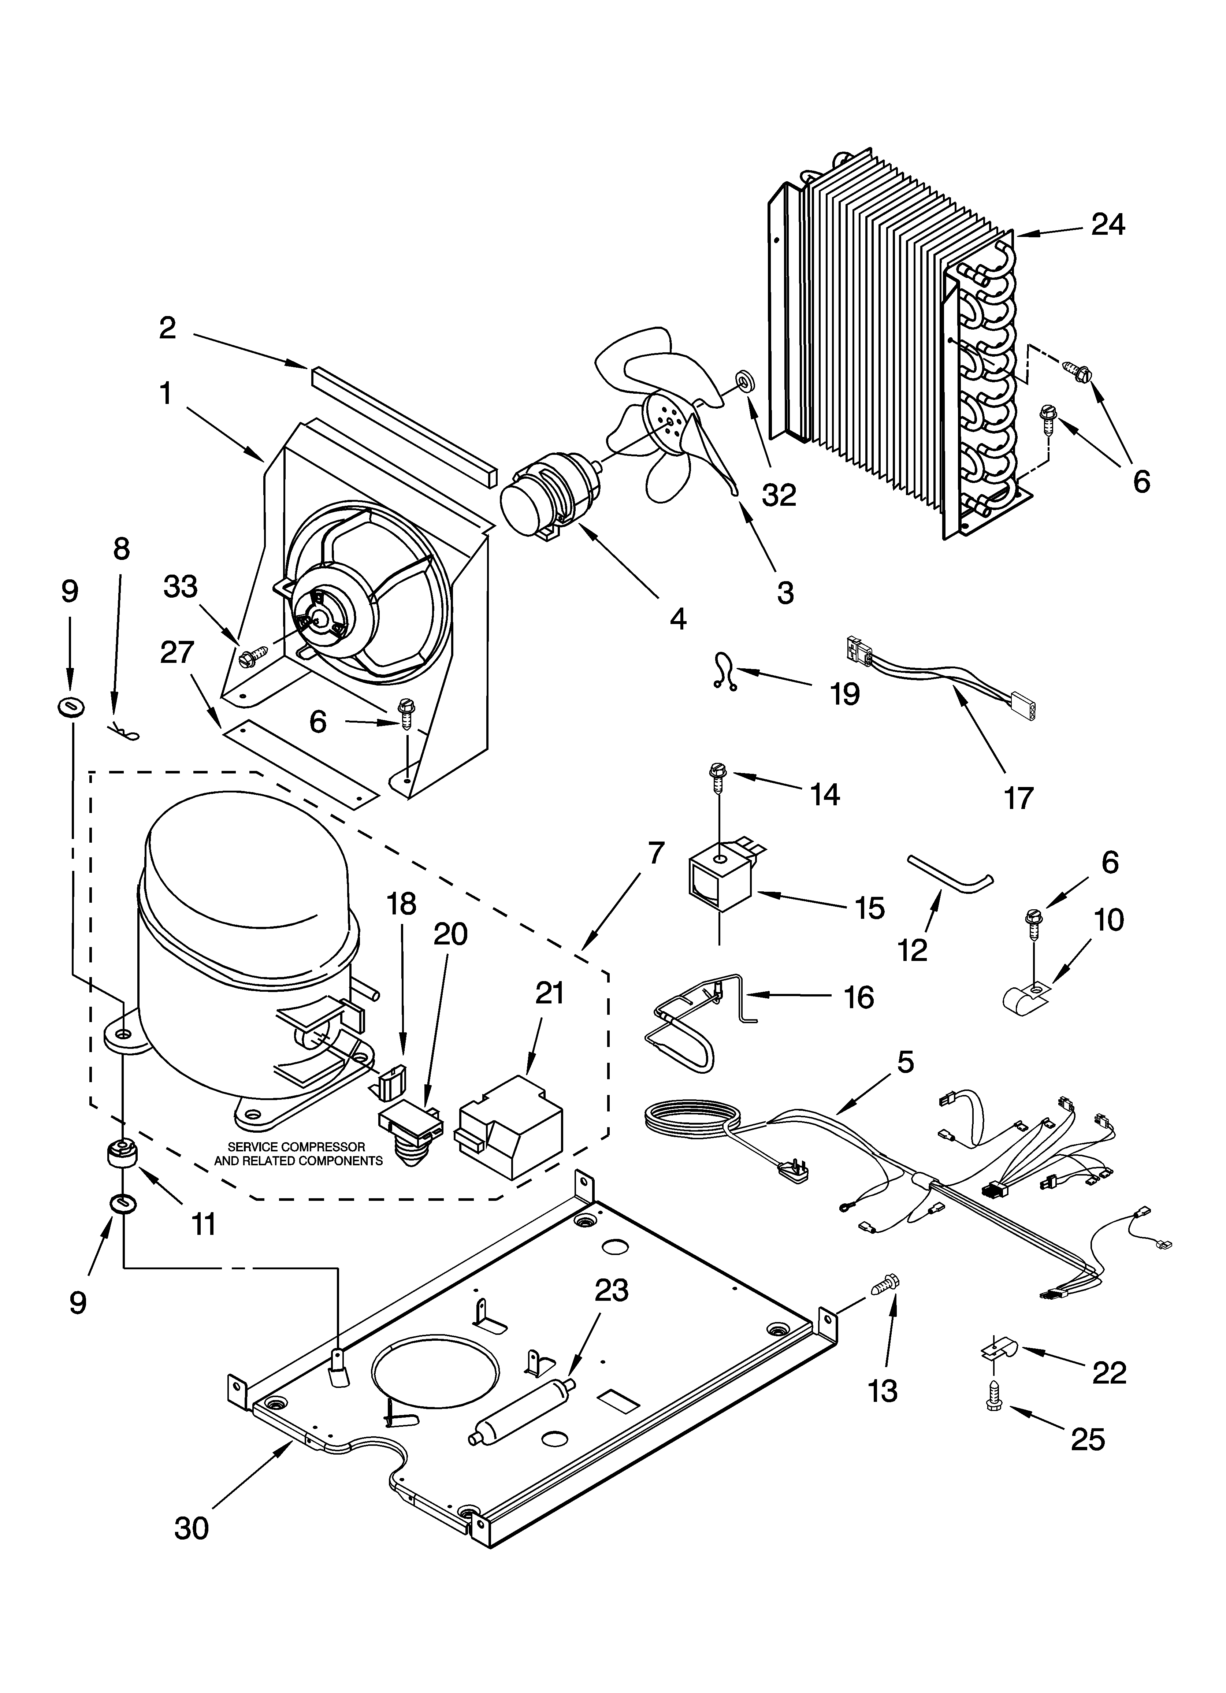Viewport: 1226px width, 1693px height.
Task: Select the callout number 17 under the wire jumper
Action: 1018,798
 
